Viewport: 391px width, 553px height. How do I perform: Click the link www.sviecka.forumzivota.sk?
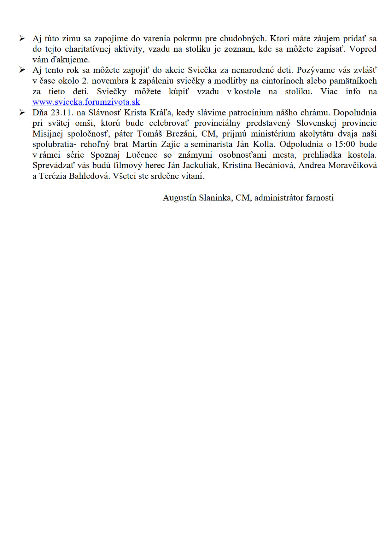(x=86, y=102)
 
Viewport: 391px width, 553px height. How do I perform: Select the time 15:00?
(x=345, y=144)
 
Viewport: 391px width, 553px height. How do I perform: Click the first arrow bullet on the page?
(x=22, y=38)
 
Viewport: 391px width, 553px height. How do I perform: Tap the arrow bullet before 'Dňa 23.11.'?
(x=22, y=113)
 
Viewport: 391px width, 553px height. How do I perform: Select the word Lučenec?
(x=142, y=155)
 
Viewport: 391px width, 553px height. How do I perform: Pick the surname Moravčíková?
(x=353, y=166)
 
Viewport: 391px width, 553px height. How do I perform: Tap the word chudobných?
(x=242, y=39)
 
